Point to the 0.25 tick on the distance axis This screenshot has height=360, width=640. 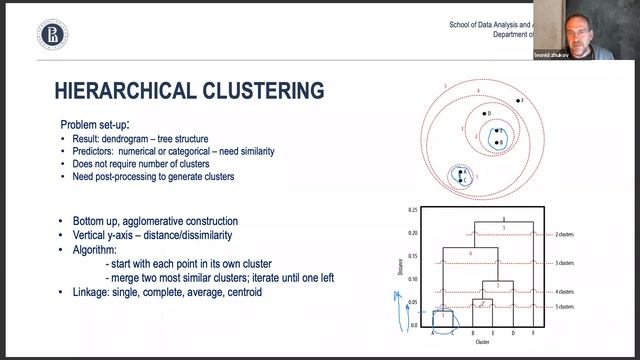(x=412, y=210)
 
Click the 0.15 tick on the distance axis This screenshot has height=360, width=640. (x=412, y=256)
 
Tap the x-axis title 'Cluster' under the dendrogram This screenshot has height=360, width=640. (x=482, y=342)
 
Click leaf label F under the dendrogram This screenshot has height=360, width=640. (x=533, y=333)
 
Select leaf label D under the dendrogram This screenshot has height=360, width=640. (x=512, y=333)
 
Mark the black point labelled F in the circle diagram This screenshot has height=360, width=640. (x=515, y=102)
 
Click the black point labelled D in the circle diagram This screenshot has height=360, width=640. (x=484, y=115)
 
